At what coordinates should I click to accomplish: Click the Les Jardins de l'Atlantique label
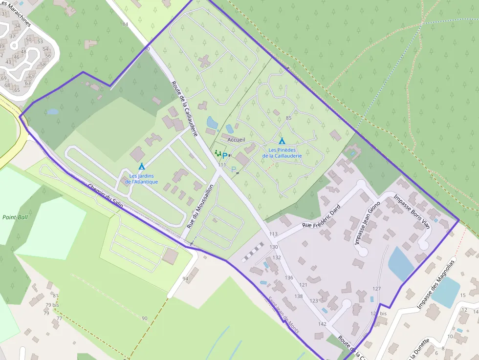tap(141, 179)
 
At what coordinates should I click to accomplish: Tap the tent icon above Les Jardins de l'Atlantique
tap(141, 167)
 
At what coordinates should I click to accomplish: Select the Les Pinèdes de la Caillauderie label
tap(282, 153)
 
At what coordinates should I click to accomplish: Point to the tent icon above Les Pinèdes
tap(282, 141)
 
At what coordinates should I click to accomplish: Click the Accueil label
tap(236, 140)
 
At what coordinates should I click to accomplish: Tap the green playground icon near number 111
tap(218, 153)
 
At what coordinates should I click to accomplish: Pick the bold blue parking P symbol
tap(224, 156)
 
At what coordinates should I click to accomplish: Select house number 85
tap(288, 118)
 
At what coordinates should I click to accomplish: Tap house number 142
tap(322, 324)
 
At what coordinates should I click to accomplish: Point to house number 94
tap(185, 279)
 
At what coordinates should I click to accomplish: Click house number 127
tap(376, 289)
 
